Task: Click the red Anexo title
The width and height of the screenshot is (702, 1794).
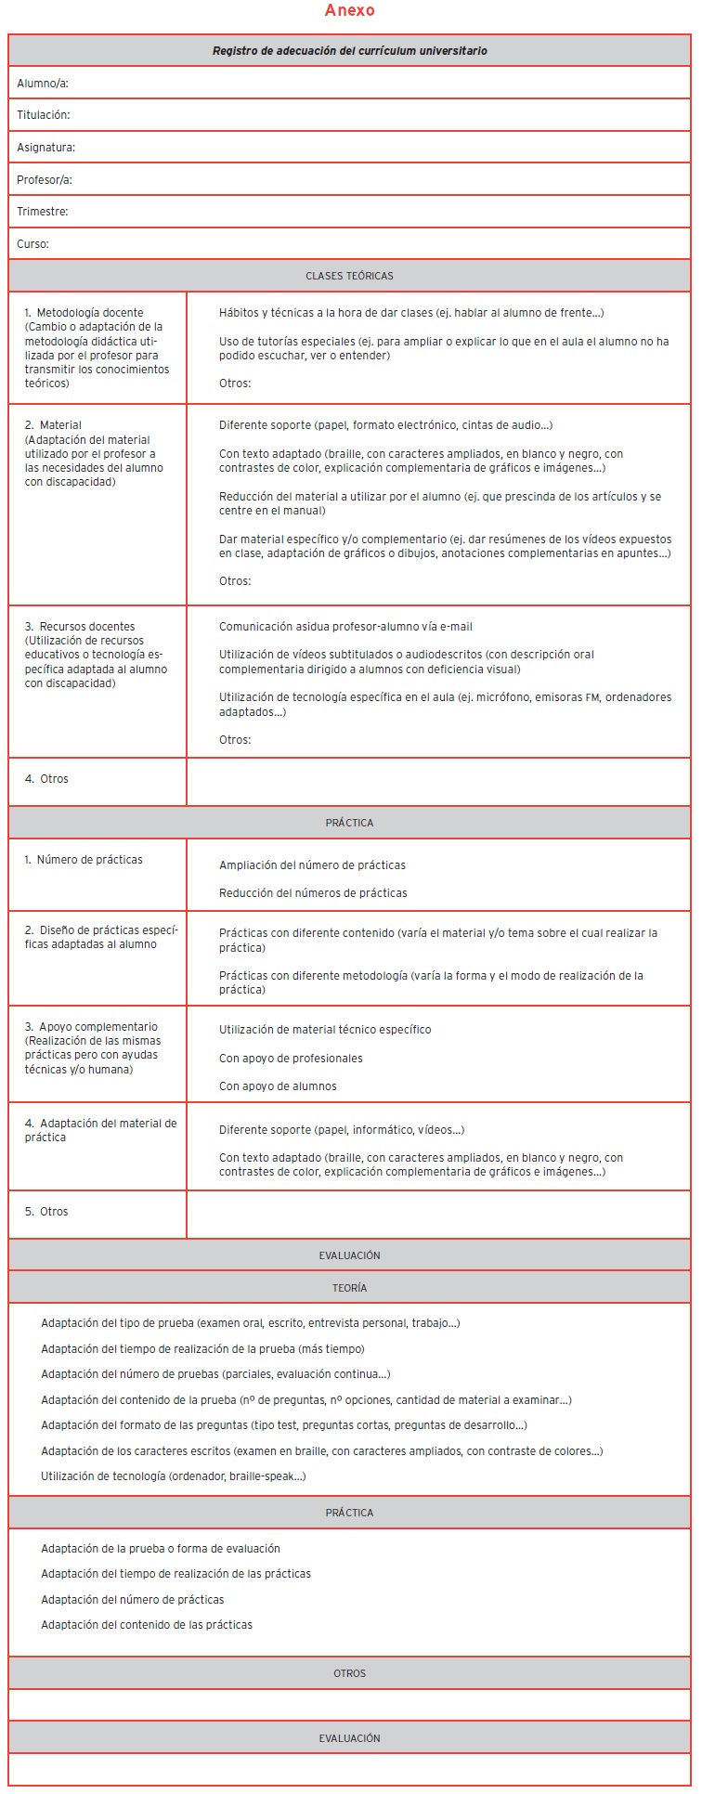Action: (x=350, y=11)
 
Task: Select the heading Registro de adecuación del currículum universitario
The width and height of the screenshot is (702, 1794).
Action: (x=350, y=51)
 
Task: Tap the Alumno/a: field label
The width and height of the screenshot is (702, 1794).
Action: (x=43, y=84)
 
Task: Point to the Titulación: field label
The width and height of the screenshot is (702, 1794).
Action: (x=44, y=115)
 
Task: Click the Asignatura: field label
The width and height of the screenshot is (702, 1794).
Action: (x=46, y=148)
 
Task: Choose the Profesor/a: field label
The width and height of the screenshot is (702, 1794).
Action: (x=45, y=179)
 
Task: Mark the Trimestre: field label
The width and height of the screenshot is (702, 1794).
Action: (x=43, y=212)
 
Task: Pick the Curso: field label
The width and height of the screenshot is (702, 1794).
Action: (x=33, y=244)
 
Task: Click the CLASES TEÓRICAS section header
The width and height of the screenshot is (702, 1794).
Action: (x=350, y=276)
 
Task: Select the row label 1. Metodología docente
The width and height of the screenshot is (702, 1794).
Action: (x=84, y=313)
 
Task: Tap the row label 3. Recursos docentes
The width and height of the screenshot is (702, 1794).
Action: (x=81, y=627)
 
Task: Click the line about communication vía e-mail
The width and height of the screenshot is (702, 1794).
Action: (x=345, y=627)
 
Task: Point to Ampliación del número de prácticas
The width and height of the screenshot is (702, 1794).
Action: (x=312, y=865)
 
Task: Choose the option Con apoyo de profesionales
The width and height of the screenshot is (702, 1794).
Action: (x=291, y=1059)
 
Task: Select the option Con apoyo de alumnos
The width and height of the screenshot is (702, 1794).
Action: (x=278, y=1086)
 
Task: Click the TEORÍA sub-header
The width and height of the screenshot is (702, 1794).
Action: (x=350, y=1288)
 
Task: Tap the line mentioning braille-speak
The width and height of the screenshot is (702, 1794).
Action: (x=174, y=1476)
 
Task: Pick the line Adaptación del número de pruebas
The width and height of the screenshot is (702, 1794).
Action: (x=215, y=1374)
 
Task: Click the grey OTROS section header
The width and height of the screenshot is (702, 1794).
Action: (x=350, y=1673)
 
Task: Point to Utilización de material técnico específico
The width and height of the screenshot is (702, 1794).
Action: (x=325, y=1030)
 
